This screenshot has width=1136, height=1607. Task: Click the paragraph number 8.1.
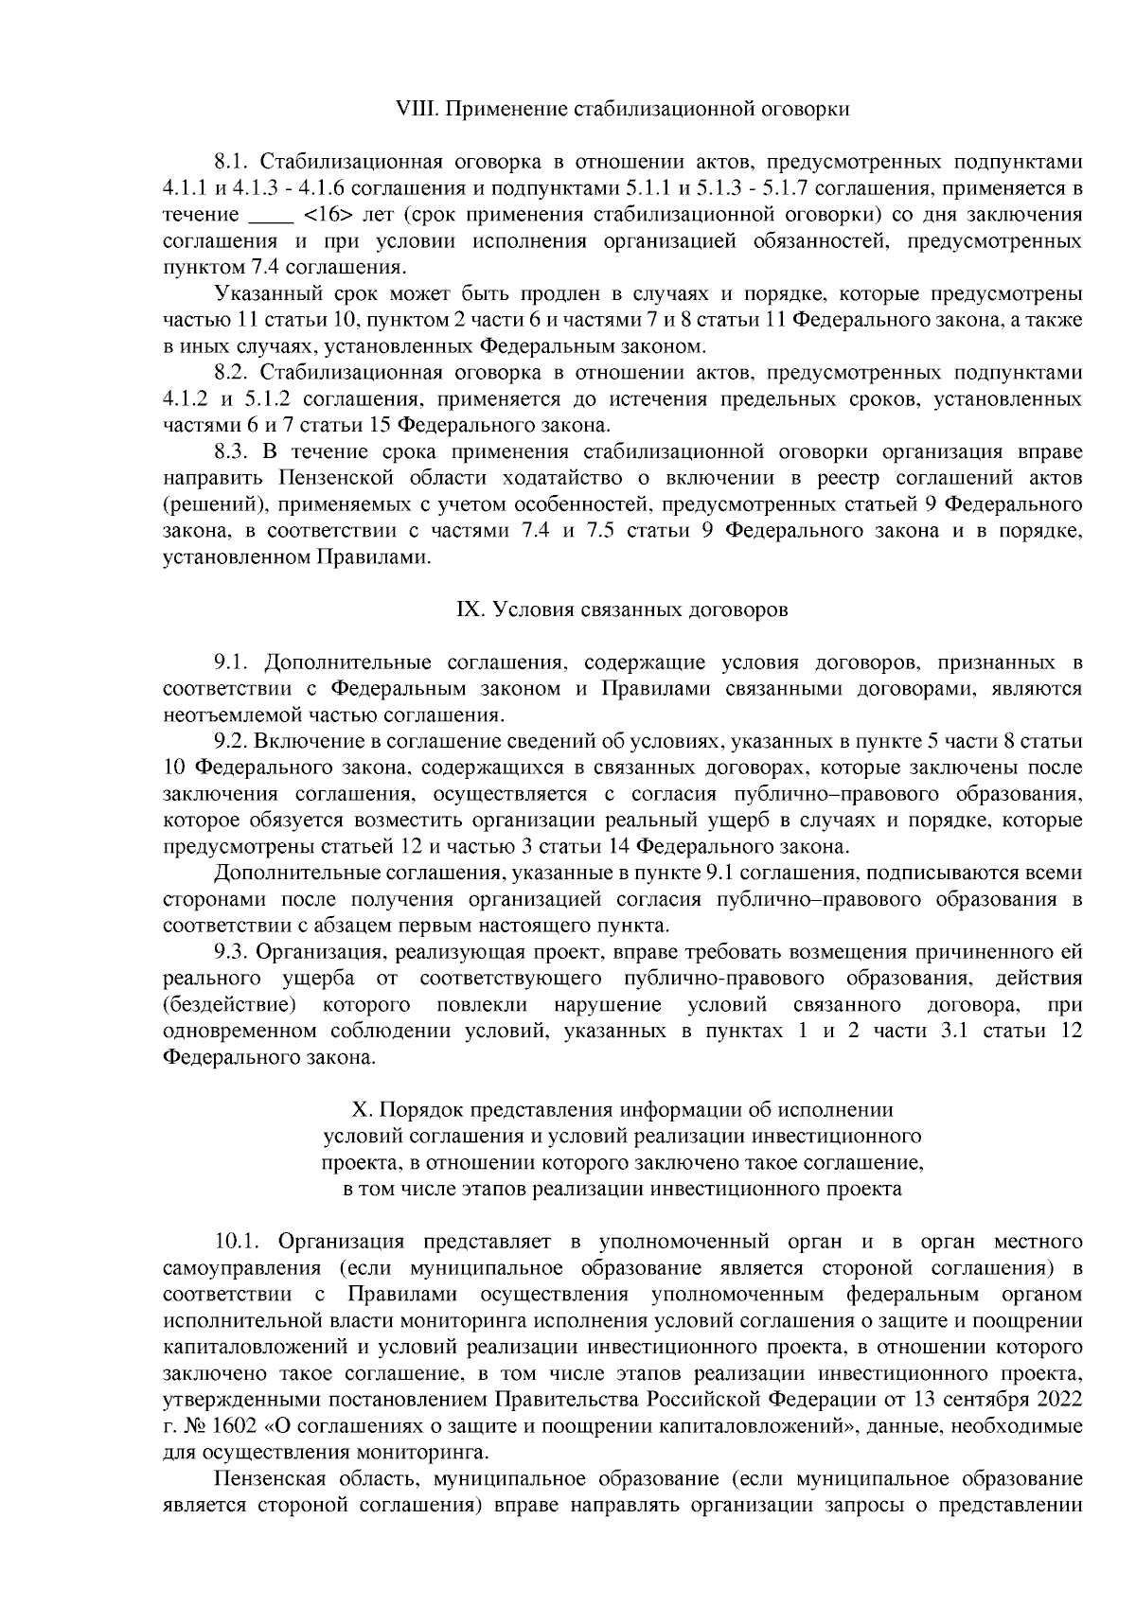232,162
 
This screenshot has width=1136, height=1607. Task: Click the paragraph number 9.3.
232,951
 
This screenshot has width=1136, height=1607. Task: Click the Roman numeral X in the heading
358,1108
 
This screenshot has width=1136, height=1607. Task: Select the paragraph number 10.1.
238,1241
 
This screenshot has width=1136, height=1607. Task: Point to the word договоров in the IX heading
739,610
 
